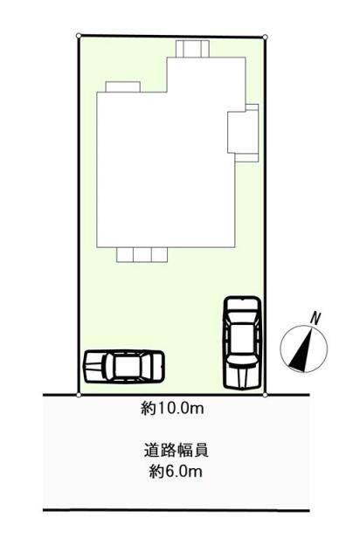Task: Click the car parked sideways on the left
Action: pos(124,365)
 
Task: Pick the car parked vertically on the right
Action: pos(241,341)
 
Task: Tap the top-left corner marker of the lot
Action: pos(79,37)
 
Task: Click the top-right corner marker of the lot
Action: pos(266,37)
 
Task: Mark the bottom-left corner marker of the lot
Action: pos(79,395)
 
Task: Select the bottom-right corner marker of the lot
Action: pos(266,395)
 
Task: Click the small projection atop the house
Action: pos(191,49)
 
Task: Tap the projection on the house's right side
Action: pos(244,132)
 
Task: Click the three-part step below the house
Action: pos(142,254)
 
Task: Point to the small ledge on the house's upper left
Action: pos(122,86)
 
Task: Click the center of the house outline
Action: pos(166,162)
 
